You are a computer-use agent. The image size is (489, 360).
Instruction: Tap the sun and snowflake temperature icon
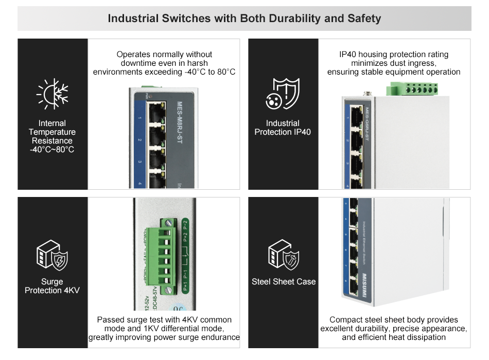tap(52, 95)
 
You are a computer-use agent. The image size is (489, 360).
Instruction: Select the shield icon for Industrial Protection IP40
tap(282, 94)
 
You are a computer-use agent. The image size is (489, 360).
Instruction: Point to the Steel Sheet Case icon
tap(283, 253)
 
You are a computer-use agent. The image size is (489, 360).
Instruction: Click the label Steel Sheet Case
tap(284, 282)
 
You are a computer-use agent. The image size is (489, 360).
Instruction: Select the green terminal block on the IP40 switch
tap(413, 88)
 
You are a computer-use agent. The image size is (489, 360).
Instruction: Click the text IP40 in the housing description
tap(347, 55)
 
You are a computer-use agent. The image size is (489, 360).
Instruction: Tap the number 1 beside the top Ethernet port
tap(139, 119)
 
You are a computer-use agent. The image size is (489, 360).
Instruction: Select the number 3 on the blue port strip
tap(139, 162)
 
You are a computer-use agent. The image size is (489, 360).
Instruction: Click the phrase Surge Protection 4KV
tap(52, 286)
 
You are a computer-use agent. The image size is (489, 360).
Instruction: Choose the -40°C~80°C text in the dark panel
tap(52, 150)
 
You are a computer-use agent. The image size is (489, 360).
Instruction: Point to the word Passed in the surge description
tap(110, 320)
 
